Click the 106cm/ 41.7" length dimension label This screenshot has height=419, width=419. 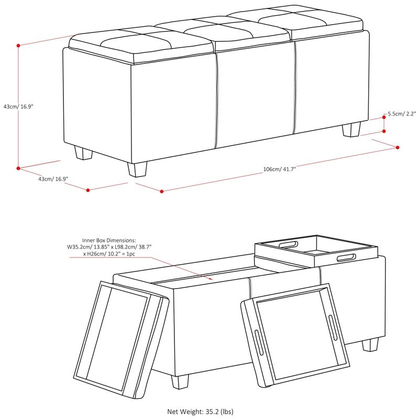(280, 169)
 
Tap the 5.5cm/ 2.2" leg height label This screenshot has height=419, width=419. (402, 114)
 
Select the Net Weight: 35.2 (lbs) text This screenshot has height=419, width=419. (200, 412)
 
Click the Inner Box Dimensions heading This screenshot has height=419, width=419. (109, 240)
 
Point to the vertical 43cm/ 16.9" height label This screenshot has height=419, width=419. (18, 106)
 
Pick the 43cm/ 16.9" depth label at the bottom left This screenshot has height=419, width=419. (53, 179)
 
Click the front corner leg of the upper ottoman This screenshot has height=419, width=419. (137, 169)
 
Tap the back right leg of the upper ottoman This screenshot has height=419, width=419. (351, 129)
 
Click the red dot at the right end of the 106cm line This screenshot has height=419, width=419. (398, 148)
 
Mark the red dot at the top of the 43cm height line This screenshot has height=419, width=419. (18, 46)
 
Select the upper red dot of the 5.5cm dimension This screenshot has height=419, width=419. (384, 117)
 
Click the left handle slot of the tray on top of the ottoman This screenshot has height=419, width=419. (289, 245)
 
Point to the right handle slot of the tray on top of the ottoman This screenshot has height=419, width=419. (346, 258)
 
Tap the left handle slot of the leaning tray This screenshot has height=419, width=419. (259, 343)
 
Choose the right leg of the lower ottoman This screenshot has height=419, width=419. (370, 345)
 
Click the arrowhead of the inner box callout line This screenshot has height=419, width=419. (211, 279)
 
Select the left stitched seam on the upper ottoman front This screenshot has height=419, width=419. (216, 101)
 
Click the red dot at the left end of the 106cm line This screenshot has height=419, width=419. (162, 191)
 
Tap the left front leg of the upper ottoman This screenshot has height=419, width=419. (83, 152)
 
